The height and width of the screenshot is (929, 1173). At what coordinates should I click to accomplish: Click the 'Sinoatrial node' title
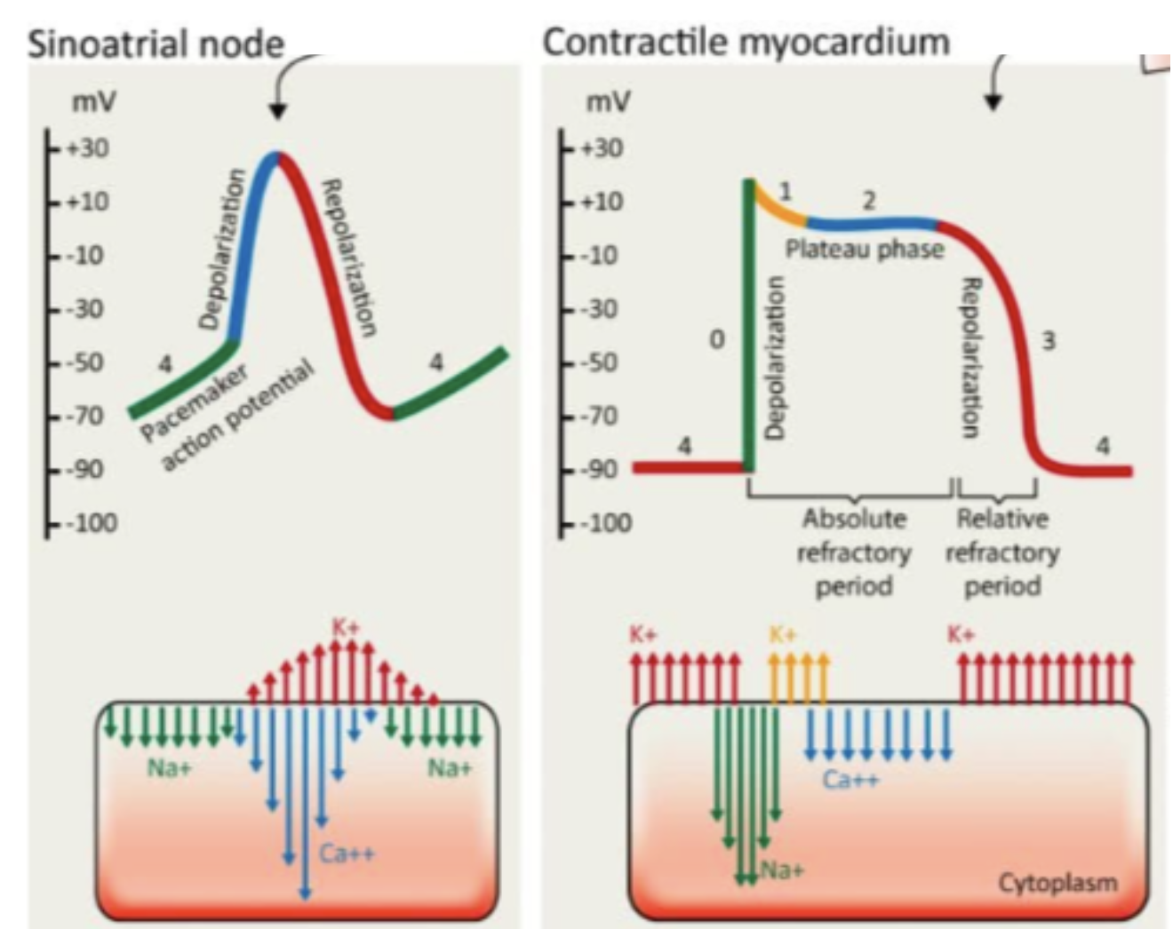click(156, 44)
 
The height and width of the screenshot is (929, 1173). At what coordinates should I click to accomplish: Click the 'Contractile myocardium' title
click(746, 42)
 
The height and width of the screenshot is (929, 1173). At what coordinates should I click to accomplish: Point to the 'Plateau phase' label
click(864, 249)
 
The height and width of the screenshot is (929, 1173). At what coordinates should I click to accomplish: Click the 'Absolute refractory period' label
click(854, 552)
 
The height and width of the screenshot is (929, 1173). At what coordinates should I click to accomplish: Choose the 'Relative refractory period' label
click(1001, 552)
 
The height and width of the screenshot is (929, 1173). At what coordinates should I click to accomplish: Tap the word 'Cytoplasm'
click(1057, 882)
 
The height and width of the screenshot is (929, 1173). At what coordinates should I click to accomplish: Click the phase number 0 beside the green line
click(716, 338)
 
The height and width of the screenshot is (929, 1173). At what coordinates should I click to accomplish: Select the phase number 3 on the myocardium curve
click(1049, 340)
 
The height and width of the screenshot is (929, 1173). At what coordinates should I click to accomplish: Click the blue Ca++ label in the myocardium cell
click(850, 780)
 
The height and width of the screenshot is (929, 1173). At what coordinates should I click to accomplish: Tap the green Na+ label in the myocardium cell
click(781, 870)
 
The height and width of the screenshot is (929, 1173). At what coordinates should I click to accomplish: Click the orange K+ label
click(782, 634)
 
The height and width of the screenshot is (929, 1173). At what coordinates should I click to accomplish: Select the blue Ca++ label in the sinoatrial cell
click(347, 854)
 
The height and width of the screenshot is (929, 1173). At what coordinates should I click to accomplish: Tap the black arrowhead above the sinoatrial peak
click(278, 111)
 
